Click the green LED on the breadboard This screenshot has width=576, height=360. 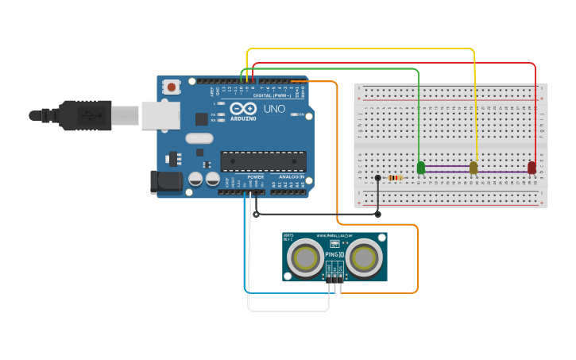[420, 167]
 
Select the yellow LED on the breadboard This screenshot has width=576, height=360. [474, 167]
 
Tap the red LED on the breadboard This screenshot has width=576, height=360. [532, 167]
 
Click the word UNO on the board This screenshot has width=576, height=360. [274, 109]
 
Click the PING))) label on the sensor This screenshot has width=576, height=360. [334, 254]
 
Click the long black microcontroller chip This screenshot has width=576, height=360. [263, 161]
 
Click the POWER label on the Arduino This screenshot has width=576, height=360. [255, 176]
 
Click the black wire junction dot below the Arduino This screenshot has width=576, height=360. [256, 214]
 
